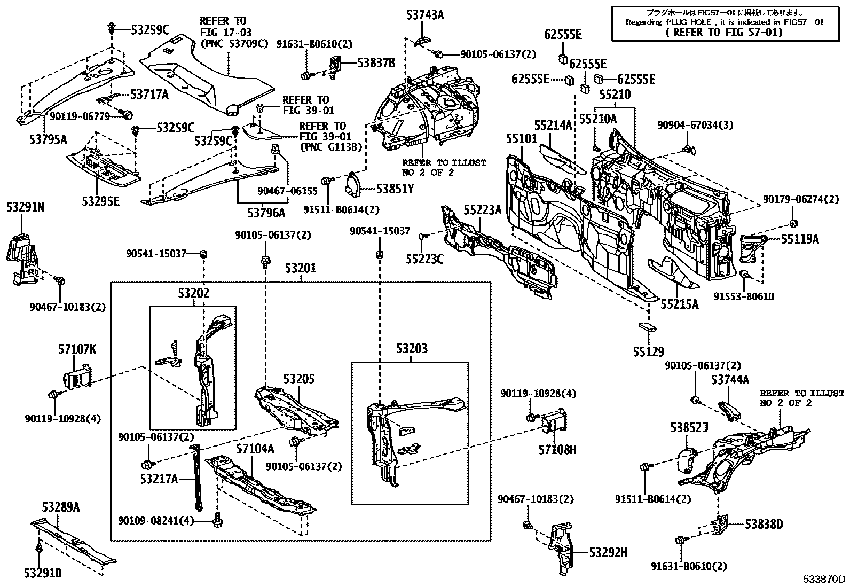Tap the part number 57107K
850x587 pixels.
[x=77, y=349]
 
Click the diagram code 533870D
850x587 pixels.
[x=825, y=579]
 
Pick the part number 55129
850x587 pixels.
[x=649, y=351]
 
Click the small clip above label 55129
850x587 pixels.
[x=647, y=326]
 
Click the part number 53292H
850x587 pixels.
[x=608, y=553]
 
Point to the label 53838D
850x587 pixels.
[x=764, y=525]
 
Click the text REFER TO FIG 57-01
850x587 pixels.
[x=724, y=33]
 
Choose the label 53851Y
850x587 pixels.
[x=396, y=189]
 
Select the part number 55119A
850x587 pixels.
[x=800, y=239]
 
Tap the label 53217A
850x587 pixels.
[x=159, y=479]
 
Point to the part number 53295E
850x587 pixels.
[x=100, y=201]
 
